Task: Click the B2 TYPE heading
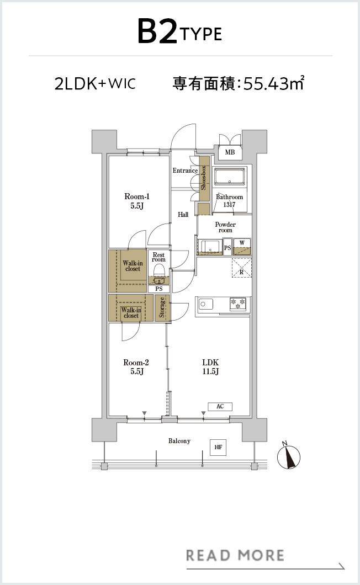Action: click(x=179, y=32)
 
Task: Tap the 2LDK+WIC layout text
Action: click(x=95, y=83)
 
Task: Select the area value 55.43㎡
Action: click(x=274, y=83)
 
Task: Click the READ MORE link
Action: click(x=235, y=556)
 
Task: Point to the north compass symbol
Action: click(x=289, y=456)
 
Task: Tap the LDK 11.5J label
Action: click(x=210, y=367)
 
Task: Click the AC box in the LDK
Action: click(x=220, y=406)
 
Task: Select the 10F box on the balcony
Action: click(x=218, y=447)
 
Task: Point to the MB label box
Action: click(x=230, y=152)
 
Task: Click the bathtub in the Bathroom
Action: click(x=230, y=176)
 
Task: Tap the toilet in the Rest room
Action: click(x=159, y=271)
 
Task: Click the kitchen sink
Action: click(x=205, y=304)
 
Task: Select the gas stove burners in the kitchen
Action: click(x=237, y=304)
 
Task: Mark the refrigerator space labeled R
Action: click(x=242, y=268)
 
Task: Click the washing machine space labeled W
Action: click(x=242, y=246)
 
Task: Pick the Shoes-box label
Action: click(x=204, y=178)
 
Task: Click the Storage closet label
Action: click(x=162, y=307)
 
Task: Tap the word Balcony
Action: click(x=179, y=441)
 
